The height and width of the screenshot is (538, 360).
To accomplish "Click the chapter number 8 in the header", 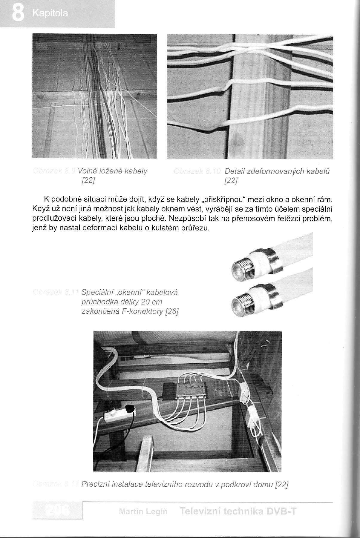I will tap(17, 13).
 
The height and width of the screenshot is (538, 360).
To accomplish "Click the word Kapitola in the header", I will tap(50, 13).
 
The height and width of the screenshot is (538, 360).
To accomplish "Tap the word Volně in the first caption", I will tap(87, 171).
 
